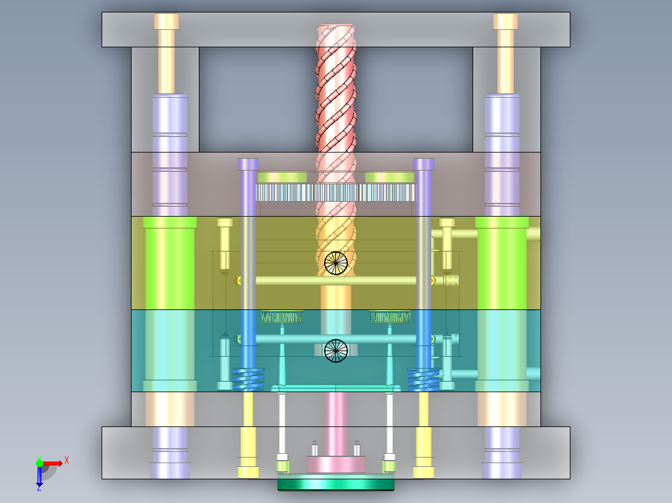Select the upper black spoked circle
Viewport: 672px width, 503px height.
(x=336, y=263)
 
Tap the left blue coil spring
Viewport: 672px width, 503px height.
(x=248, y=378)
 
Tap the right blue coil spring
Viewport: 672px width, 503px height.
(x=423, y=378)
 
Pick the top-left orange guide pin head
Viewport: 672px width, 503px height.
(x=166, y=21)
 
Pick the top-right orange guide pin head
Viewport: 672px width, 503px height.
(x=506, y=21)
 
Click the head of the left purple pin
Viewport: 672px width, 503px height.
(x=248, y=164)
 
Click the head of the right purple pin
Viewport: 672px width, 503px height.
(x=424, y=164)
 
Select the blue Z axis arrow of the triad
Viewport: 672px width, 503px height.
(x=39, y=478)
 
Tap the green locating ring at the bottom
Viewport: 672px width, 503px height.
(x=336, y=484)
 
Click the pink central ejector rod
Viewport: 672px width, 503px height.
(x=337, y=423)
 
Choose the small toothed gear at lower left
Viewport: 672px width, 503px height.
(x=282, y=317)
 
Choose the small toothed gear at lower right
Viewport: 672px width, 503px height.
(x=390, y=317)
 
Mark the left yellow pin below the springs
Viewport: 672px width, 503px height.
(x=248, y=436)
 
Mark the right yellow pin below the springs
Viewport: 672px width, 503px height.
(x=424, y=436)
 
